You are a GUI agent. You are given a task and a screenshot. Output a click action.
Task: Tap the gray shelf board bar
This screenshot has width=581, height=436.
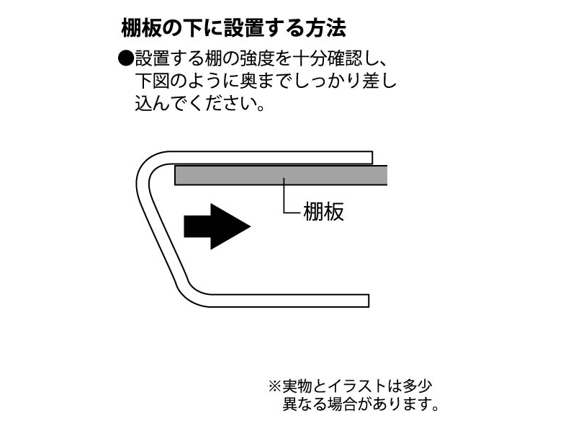point(281,174)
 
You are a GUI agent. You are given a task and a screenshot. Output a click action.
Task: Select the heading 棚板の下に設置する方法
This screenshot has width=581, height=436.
point(234,29)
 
